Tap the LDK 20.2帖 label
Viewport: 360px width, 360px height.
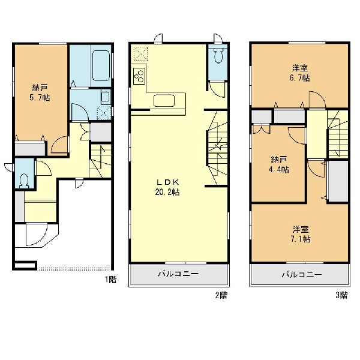point(167,187)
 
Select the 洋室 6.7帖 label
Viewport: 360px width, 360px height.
point(300,73)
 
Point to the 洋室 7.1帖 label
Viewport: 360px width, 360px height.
point(301,234)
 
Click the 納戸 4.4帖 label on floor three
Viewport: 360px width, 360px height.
point(279,164)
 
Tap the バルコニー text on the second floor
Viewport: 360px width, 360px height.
point(178,274)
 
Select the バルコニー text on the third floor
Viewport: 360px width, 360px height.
point(302,274)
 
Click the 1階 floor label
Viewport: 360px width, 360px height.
point(111,280)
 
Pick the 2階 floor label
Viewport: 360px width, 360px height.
point(221,295)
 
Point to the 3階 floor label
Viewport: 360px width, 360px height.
point(341,295)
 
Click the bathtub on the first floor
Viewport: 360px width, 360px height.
point(101,65)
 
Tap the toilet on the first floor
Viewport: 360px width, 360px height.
point(24,180)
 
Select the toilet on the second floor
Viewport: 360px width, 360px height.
point(218,55)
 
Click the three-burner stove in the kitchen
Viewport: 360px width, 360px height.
point(139,76)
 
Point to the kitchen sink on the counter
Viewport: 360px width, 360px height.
point(164,101)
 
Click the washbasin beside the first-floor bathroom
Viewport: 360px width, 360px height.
point(106,97)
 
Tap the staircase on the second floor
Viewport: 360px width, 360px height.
point(217,148)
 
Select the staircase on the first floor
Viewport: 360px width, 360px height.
point(100,160)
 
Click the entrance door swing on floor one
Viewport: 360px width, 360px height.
point(37,235)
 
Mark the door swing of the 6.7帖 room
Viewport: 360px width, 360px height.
point(317,99)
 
